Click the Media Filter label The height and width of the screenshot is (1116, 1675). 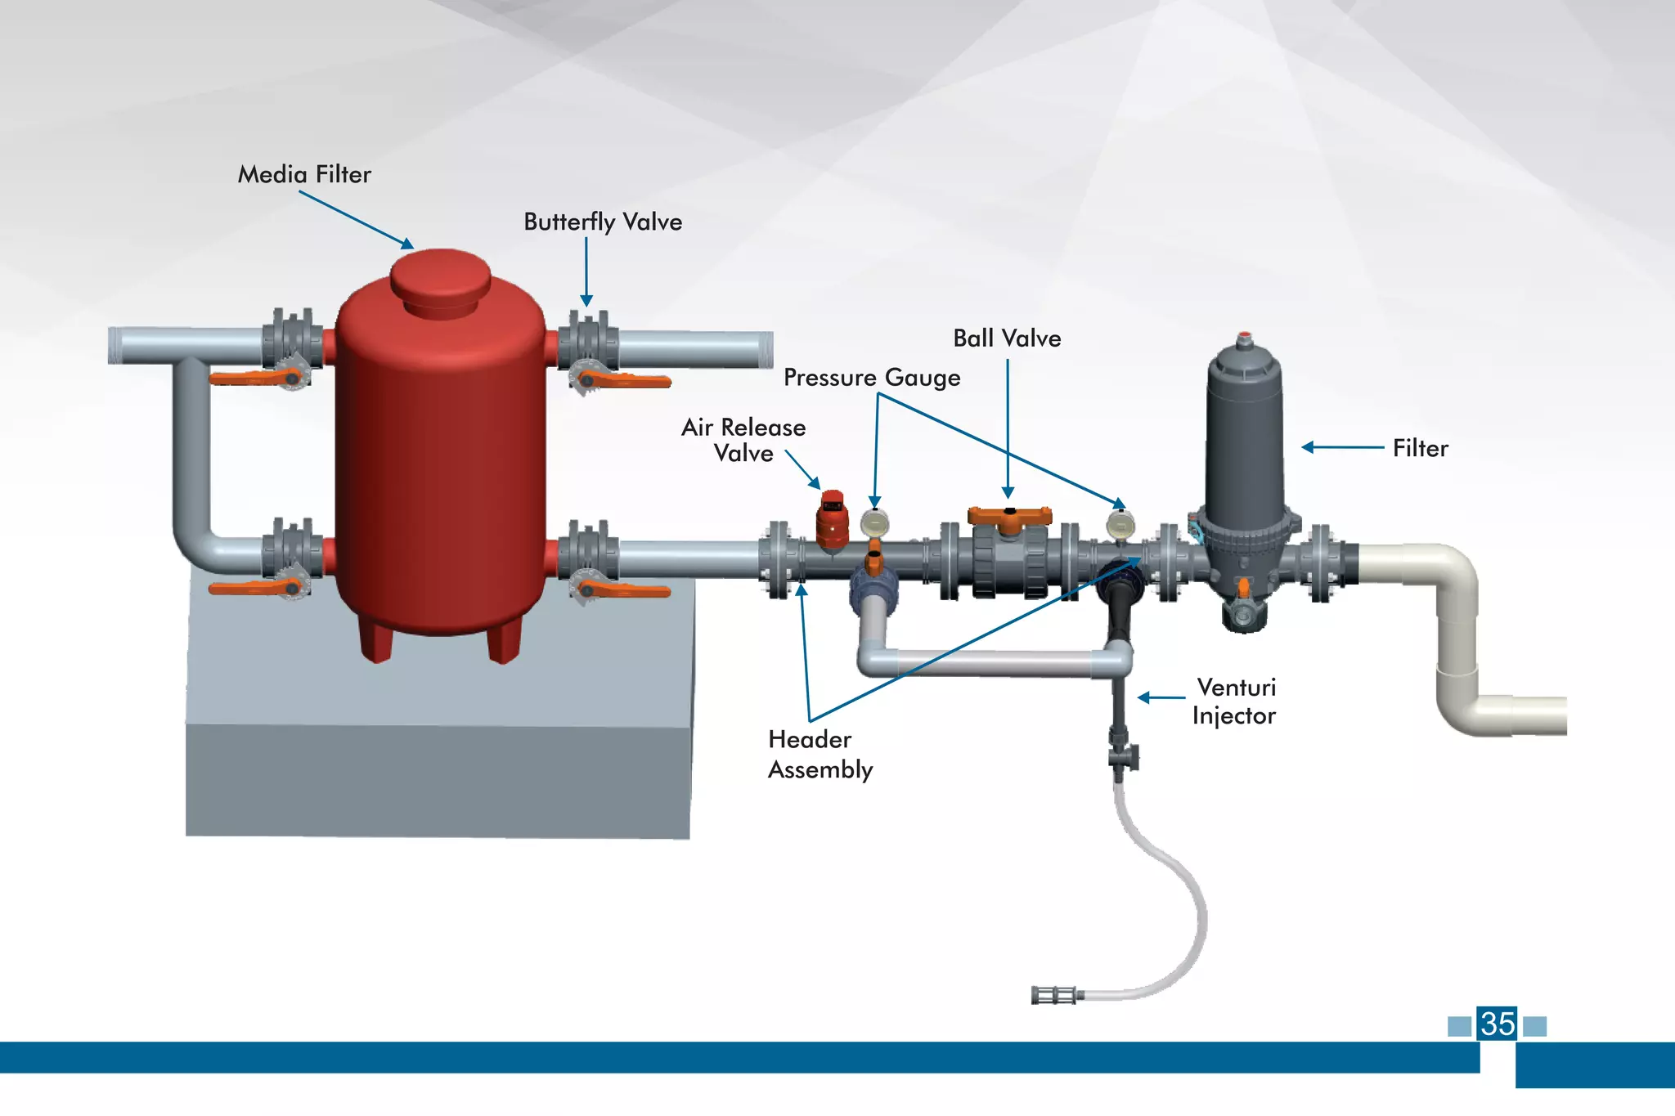coord(304,174)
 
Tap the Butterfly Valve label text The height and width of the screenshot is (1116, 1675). coord(603,222)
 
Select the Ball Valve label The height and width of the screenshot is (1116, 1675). coord(1007,338)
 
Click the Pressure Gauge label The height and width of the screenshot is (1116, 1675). coord(872,378)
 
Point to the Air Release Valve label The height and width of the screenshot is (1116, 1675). coord(743,440)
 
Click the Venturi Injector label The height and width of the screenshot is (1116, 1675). coord(1234,701)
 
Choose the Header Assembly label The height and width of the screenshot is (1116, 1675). coord(820,754)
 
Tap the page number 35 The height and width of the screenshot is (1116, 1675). coord(1497,1024)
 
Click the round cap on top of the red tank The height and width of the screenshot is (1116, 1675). coord(440,278)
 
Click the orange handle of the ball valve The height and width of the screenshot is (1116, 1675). coord(1009,516)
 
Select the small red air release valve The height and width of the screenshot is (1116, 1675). coord(833,520)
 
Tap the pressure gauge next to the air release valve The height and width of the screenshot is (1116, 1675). coord(875,522)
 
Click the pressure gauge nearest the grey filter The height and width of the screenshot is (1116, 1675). coord(1120,524)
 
